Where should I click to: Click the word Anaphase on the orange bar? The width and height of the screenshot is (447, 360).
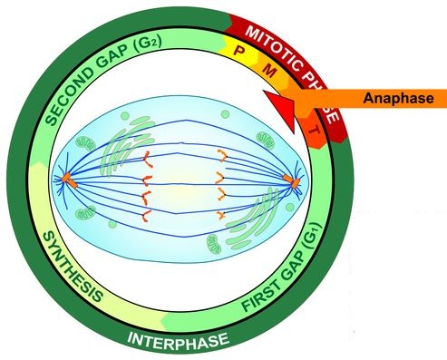[x=398, y=98]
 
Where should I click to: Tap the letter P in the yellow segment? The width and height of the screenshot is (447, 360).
[x=238, y=50]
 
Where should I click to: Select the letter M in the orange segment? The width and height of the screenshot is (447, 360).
[x=269, y=71]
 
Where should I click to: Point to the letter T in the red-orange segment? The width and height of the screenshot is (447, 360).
[x=315, y=131]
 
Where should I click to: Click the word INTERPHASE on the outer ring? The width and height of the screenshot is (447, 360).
[x=178, y=341]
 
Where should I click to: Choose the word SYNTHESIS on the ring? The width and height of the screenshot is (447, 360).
[x=72, y=267]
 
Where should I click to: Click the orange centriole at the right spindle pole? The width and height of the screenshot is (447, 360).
[x=291, y=180]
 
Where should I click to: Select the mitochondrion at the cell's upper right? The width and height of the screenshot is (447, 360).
[x=266, y=140]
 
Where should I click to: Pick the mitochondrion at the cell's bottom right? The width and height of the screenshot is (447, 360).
[x=214, y=244]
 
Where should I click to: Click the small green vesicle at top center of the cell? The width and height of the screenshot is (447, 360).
[x=225, y=114]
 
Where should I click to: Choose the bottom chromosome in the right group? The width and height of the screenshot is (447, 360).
[x=222, y=215]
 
